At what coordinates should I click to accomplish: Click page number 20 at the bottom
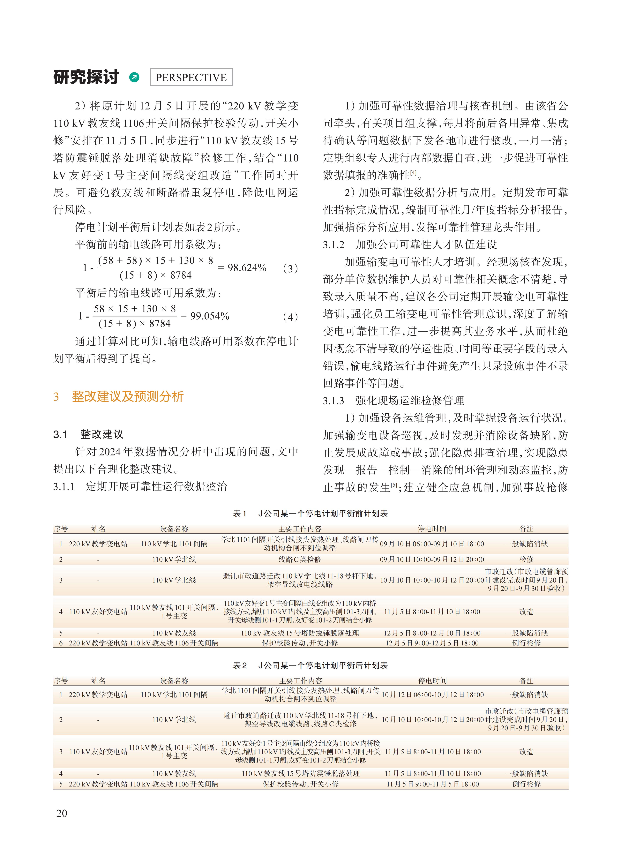62,813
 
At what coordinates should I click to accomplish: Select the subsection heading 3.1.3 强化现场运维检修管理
393,401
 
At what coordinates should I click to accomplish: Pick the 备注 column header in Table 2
526,681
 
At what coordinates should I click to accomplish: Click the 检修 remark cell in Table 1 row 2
526,559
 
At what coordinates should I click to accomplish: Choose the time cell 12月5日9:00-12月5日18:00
432,643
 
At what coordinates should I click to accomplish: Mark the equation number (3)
290,268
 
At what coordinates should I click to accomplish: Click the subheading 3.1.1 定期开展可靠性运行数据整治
140,487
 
